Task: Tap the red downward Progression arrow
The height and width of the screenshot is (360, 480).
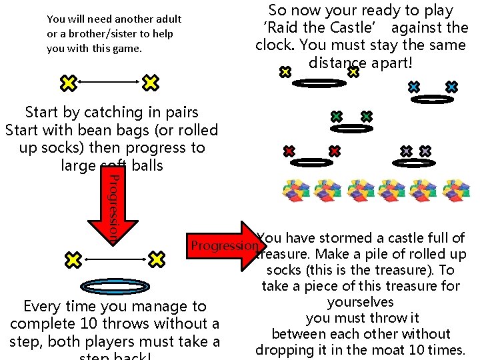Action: tap(113, 207)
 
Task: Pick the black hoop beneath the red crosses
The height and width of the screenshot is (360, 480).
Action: tap(311, 162)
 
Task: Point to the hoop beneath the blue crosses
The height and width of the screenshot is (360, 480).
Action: tap(432, 99)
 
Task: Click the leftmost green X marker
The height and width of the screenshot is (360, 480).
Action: tap(337, 117)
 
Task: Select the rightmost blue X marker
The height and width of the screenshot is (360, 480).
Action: tap(451, 87)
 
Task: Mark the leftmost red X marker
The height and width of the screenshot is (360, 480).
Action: tap(289, 151)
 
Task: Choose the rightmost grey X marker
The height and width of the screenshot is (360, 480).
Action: tap(425, 152)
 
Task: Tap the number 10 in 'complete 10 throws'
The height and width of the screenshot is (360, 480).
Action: tap(85, 324)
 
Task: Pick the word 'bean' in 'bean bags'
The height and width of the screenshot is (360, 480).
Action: tap(100, 130)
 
